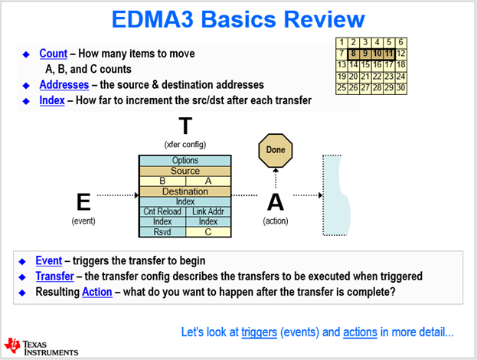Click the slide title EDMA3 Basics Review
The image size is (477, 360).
pyautogui.click(x=238, y=21)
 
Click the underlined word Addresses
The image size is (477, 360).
pyautogui.click(x=64, y=84)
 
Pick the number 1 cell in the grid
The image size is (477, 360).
pyautogui.click(x=345, y=42)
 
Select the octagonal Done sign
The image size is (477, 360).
pyautogui.click(x=275, y=149)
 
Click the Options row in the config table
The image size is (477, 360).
pyautogui.click(x=185, y=161)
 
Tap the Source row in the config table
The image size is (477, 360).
pyautogui.click(x=185, y=171)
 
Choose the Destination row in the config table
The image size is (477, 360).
pyautogui.click(x=185, y=191)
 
